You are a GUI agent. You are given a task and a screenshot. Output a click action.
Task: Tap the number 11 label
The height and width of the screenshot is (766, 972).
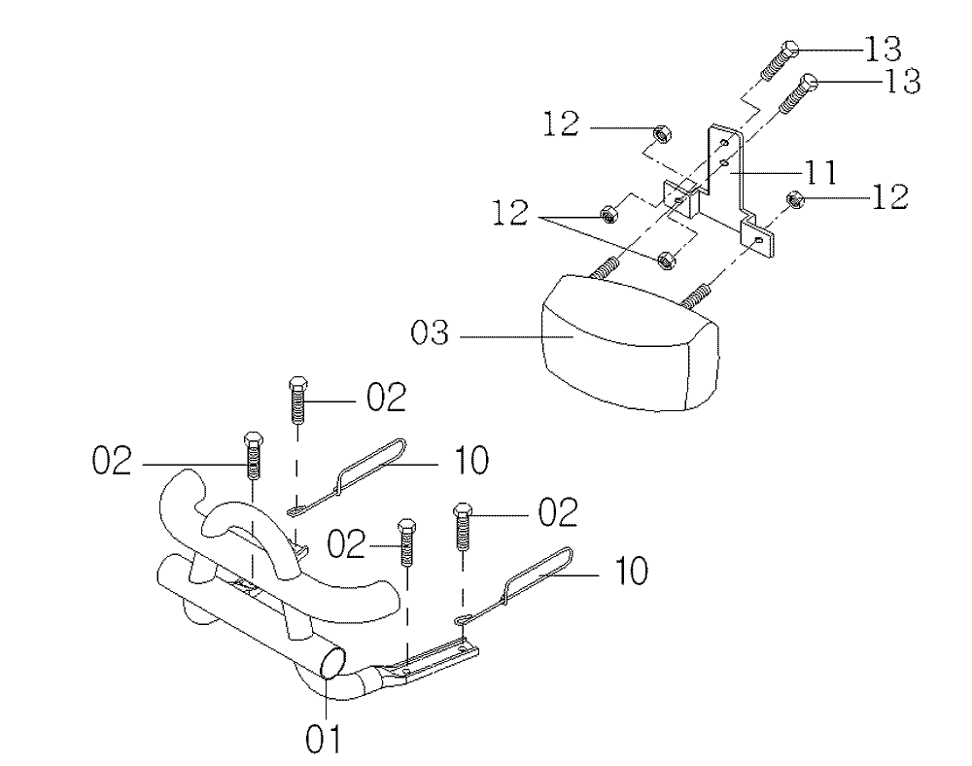tap(818, 174)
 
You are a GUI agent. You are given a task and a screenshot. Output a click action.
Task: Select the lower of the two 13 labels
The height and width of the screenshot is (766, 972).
tap(899, 82)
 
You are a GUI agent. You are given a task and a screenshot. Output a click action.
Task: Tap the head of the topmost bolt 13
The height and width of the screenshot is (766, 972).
tap(791, 49)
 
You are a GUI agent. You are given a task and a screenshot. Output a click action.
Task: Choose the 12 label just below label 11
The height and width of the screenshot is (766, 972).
tap(889, 197)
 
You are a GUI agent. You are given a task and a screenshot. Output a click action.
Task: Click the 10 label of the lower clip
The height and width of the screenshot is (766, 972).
tap(631, 572)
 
